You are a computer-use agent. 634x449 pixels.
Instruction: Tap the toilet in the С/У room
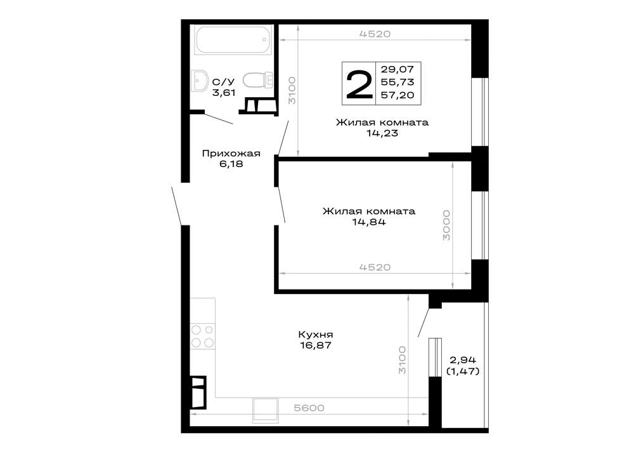point(257,80)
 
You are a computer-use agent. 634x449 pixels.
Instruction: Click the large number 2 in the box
point(359,84)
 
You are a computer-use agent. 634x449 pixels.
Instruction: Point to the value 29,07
point(398,69)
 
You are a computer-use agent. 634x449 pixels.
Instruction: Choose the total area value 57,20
point(398,95)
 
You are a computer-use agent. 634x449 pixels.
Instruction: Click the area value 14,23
point(382,133)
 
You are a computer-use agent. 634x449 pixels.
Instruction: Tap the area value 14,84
point(369,222)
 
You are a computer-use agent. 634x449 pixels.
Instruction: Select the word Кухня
point(315,335)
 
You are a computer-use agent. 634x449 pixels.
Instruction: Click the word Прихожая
point(231,154)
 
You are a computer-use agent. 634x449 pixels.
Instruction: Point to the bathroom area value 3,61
point(224,93)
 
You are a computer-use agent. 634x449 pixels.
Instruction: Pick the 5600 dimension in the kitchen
point(309,408)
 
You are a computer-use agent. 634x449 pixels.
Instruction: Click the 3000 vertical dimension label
point(446,225)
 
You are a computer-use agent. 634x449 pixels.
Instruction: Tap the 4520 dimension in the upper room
point(375,34)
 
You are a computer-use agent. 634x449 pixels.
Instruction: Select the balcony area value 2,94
point(463,360)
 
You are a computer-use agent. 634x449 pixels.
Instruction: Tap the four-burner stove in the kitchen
point(203,336)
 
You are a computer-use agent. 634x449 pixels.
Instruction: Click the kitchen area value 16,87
point(315,345)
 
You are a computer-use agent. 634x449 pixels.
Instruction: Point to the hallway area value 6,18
point(231,164)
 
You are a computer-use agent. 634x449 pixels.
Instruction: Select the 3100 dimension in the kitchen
point(401,360)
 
